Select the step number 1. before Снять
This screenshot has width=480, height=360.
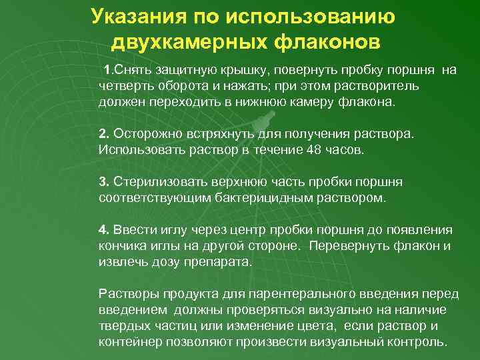(107, 71)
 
